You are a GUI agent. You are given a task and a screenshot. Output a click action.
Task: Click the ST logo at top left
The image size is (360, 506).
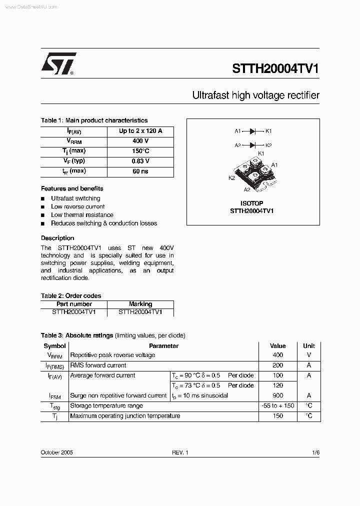tap(58, 63)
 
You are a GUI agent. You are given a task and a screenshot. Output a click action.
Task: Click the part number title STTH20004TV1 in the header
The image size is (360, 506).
tap(275, 69)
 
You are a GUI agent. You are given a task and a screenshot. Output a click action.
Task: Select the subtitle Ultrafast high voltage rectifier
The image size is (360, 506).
tap(255, 95)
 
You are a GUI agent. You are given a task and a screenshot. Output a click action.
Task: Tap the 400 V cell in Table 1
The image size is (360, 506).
tap(140, 141)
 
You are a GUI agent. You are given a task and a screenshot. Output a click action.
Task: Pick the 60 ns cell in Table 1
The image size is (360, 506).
tap(140, 171)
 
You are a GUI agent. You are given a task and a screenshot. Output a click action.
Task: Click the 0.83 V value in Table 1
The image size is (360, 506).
tap(140, 161)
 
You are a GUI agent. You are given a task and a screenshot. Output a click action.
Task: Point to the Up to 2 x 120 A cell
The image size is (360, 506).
tap(140, 131)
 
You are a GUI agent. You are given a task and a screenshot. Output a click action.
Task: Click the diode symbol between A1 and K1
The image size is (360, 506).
tap(253, 131)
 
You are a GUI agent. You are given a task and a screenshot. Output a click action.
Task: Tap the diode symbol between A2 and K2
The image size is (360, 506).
tap(253, 145)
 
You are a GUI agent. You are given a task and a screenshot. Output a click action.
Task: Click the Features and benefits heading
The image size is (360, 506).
tap(72, 188)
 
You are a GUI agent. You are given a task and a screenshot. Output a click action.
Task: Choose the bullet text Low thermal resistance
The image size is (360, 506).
tap(82, 215)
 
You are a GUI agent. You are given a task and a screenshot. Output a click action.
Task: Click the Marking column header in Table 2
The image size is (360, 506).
tap(140, 304)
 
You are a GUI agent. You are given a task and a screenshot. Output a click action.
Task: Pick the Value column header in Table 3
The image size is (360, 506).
tap(277, 345)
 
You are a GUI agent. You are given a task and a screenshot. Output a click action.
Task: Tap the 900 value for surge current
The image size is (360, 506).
tap(277, 395)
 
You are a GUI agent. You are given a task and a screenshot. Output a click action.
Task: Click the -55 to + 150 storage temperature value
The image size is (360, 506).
tap(277, 405)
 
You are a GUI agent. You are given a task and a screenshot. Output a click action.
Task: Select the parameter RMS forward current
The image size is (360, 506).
tap(98, 365)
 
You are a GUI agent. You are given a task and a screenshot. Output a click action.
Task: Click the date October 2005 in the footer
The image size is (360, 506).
tap(57, 452)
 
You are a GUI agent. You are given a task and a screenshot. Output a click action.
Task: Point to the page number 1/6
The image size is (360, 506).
tap(315, 452)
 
